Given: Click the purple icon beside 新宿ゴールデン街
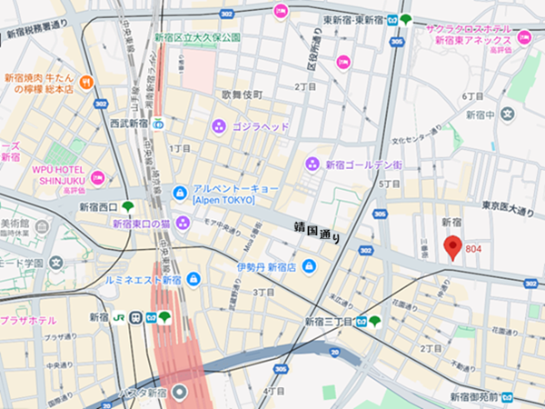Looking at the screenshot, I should pos(312,164).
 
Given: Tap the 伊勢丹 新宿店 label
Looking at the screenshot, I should pos(267,267).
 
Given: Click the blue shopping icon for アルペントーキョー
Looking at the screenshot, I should pos(180,194).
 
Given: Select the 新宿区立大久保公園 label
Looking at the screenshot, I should pos(197,38).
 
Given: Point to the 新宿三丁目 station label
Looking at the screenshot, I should pos(327,322).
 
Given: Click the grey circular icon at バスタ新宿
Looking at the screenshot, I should pos(180,393).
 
